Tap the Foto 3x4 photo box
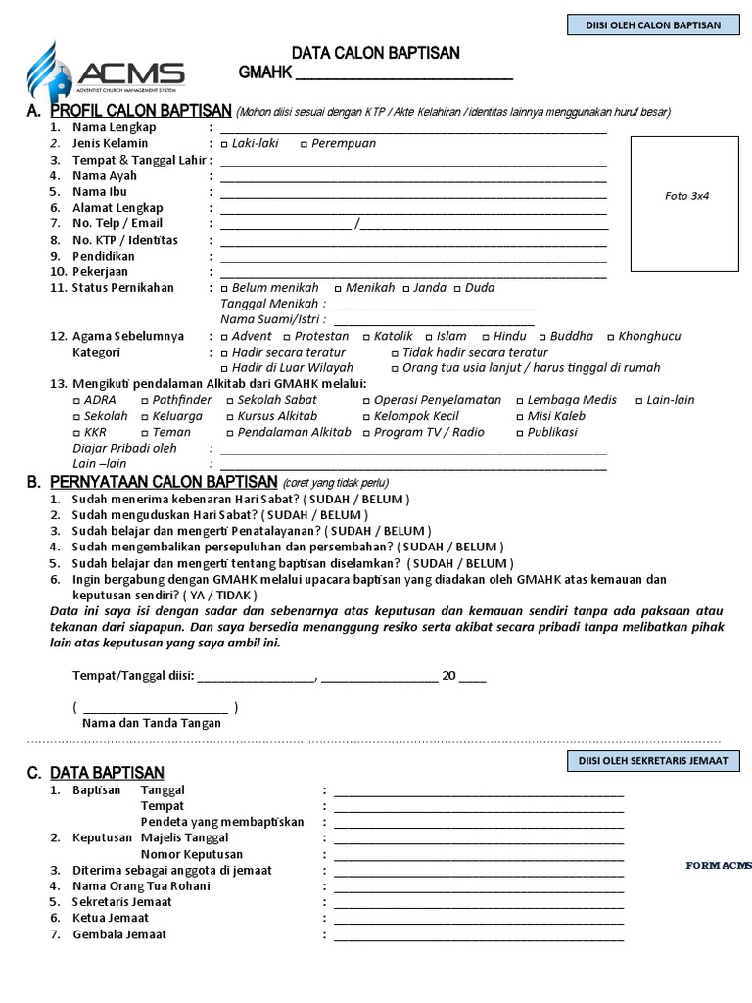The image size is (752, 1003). [x=684, y=203]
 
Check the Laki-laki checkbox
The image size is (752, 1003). [x=226, y=144]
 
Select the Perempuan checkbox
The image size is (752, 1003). [x=305, y=144]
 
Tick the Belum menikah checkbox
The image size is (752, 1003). [x=226, y=289]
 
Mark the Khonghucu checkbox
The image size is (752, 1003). [x=610, y=337]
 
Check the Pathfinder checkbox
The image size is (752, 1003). [x=145, y=401]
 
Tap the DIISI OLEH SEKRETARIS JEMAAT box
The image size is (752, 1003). [x=653, y=761]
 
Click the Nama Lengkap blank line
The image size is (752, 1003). [x=413, y=129]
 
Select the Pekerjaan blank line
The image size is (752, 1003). [x=413, y=273]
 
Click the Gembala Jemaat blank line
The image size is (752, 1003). [x=478, y=936]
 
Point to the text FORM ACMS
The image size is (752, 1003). [x=718, y=865]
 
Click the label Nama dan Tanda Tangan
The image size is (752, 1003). [x=152, y=724]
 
